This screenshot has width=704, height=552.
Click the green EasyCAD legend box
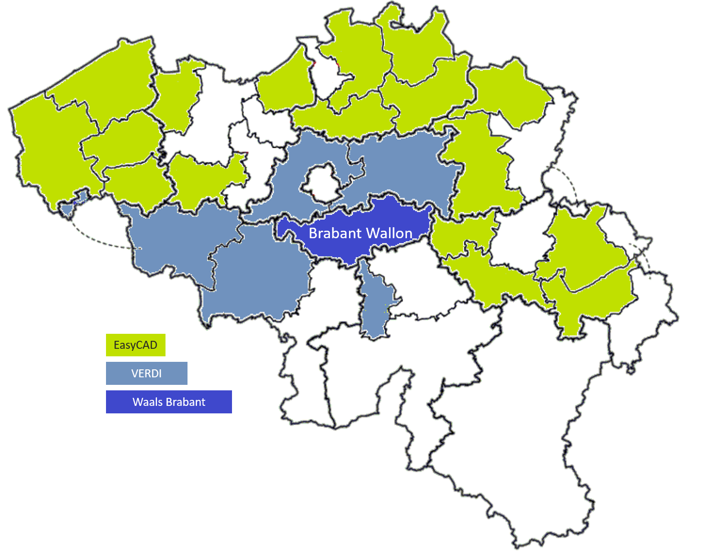(135, 345)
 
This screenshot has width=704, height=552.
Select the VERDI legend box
(146, 373)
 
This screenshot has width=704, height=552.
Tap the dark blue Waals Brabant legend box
(168, 402)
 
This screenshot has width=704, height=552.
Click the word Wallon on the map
(389, 233)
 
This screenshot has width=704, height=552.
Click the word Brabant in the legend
(186, 402)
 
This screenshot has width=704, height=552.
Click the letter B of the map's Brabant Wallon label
(313, 233)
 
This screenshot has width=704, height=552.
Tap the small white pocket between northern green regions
(327, 75)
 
